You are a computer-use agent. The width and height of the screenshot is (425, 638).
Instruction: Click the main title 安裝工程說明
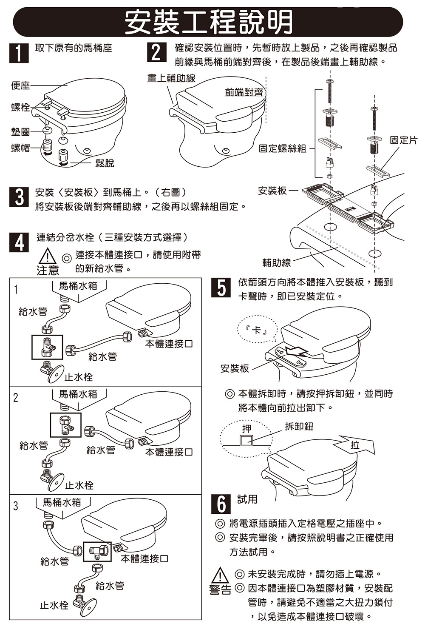tap(208, 21)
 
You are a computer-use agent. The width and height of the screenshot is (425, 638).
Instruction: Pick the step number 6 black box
tap(221, 504)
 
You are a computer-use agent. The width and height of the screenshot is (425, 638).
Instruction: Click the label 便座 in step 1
tap(21, 85)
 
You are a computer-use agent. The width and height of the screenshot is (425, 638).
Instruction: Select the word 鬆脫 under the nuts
tap(105, 162)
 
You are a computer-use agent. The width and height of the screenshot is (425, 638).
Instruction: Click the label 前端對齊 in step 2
tap(244, 92)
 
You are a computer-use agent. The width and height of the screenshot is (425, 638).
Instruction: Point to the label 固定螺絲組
tap(283, 148)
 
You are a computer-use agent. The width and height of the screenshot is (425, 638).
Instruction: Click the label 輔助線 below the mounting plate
tap(277, 263)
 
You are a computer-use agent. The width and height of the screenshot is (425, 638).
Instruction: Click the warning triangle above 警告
tap(220, 576)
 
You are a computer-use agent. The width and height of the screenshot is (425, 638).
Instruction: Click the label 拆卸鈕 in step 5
tap(299, 426)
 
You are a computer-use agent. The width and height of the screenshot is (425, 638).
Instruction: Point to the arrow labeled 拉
tap(356, 445)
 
